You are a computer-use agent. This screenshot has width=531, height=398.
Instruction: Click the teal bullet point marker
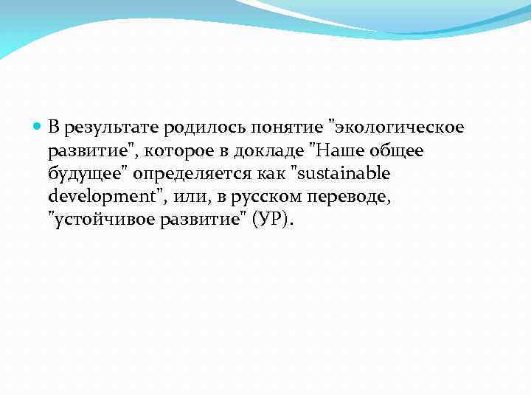(38, 128)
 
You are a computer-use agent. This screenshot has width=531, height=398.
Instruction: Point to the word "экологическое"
(398, 128)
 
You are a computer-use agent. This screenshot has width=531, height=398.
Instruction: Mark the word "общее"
(398, 151)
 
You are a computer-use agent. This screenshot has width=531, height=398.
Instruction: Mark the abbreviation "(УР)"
(273, 221)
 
